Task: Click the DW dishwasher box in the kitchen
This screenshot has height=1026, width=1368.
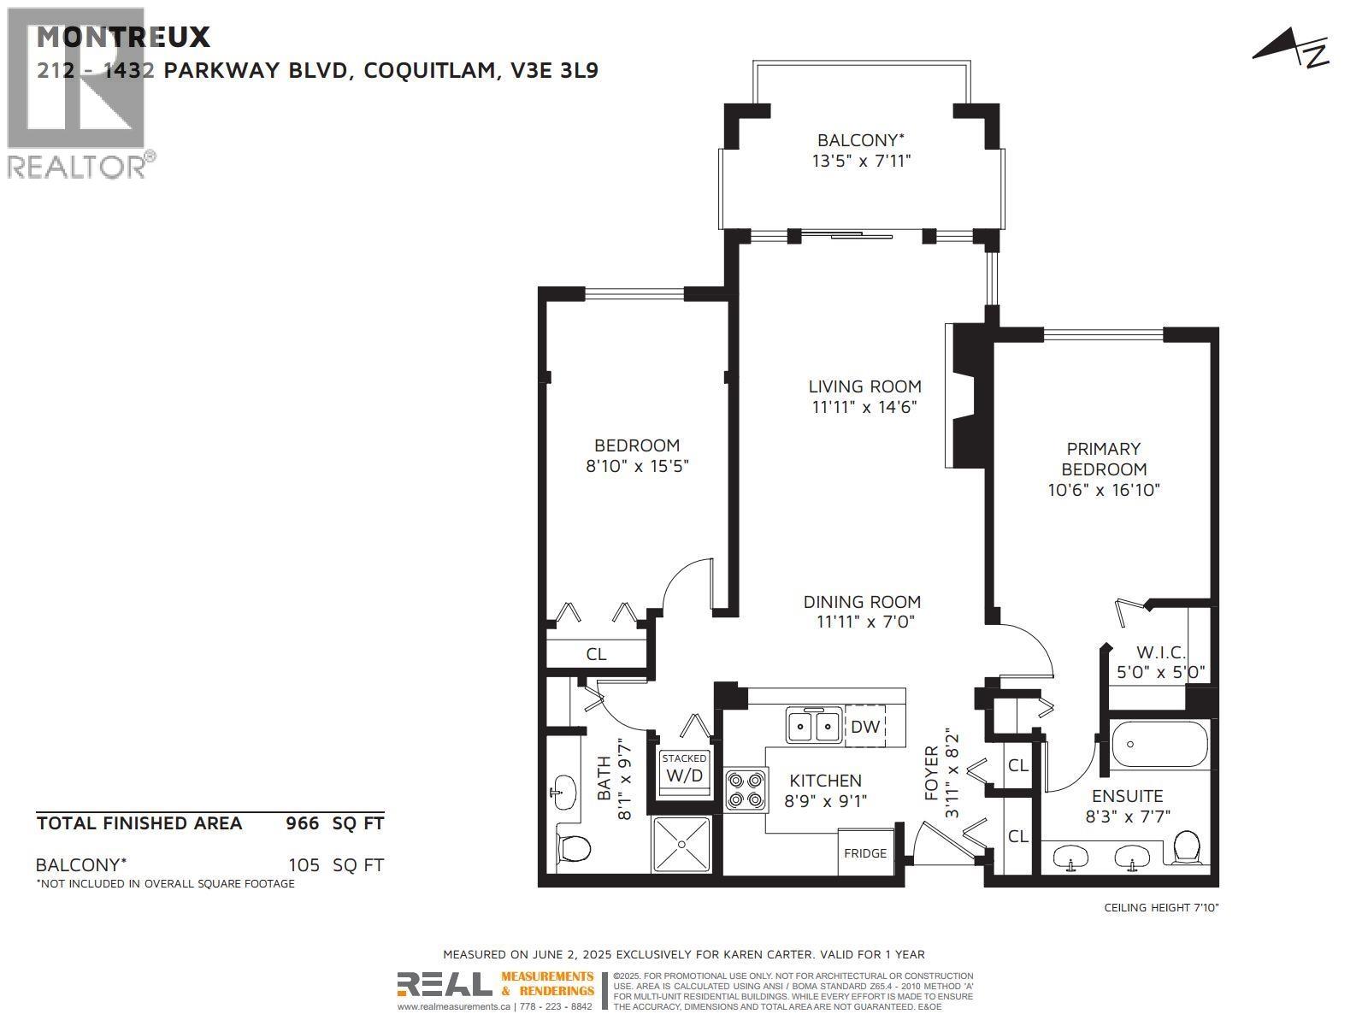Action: pyautogui.click(x=865, y=727)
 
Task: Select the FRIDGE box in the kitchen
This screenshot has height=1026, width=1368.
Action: pyautogui.click(x=865, y=852)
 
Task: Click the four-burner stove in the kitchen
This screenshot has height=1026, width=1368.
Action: pyautogui.click(x=746, y=789)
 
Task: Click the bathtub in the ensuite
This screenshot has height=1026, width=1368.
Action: pyautogui.click(x=1160, y=745)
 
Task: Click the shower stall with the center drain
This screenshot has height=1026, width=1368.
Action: pyautogui.click(x=681, y=844)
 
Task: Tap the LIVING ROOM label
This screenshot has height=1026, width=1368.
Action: pyautogui.click(x=865, y=386)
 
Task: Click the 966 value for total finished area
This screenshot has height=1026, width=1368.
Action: pyautogui.click(x=302, y=823)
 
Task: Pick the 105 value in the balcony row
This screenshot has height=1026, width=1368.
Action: pyautogui.click(x=304, y=864)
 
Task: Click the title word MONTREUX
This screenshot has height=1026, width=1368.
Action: pyautogui.click(x=123, y=37)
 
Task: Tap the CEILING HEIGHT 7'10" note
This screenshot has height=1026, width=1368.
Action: pyautogui.click(x=1161, y=907)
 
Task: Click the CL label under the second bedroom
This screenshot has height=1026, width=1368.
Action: pyautogui.click(x=596, y=654)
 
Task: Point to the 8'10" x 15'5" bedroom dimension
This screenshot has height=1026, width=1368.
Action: pyautogui.click(x=637, y=466)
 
